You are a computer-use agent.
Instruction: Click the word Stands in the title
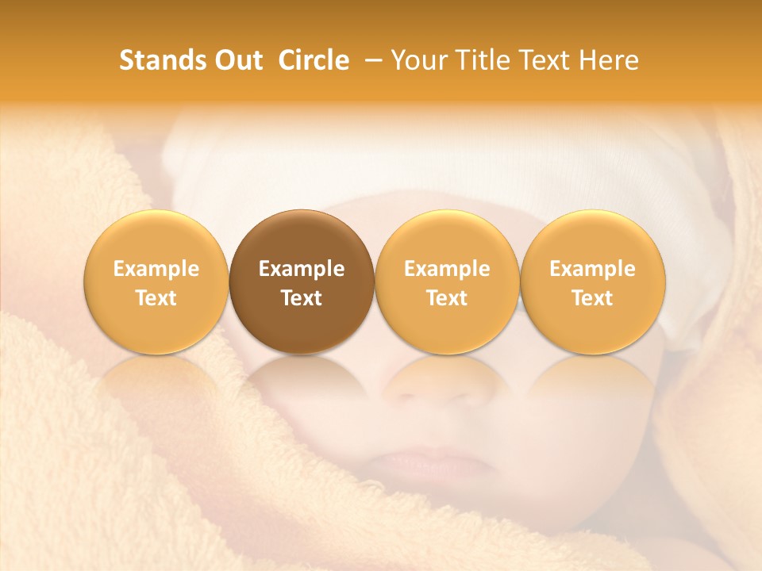[x=160, y=60]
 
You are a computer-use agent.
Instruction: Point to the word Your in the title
[x=418, y=60]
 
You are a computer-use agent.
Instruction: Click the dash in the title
[x=374, y=61]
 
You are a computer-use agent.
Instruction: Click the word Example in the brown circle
[x=302, y=269]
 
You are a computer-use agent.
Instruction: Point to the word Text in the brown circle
[x=302, y=298]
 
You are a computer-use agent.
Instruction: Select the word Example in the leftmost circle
[x=156, y=269]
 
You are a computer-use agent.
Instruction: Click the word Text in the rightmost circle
[x=592, y=298]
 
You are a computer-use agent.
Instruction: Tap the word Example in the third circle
[x=447, y=269]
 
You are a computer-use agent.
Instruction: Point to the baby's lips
[x=425, y=460]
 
